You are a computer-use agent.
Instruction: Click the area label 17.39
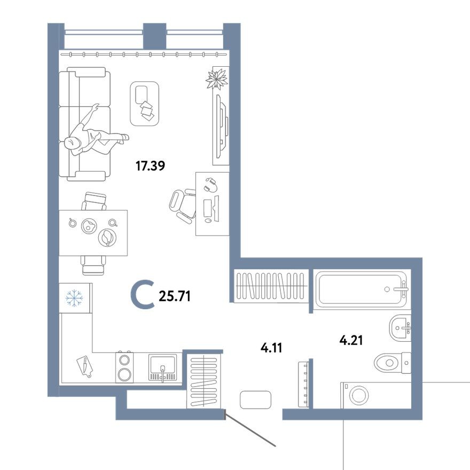coord(150,166)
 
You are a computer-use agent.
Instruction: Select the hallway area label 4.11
coord(271,348)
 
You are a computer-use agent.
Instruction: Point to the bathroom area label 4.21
coord(351,340)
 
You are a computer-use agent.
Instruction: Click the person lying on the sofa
coord(93,138)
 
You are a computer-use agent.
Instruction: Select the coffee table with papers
coord(144,104)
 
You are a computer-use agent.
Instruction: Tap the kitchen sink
coord(162,367)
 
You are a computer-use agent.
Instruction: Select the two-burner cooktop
coord(124,367)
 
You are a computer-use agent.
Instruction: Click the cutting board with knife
coord(84,366)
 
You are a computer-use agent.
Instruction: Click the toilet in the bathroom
coord(391,363)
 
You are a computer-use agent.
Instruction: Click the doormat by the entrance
coord(256,399)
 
